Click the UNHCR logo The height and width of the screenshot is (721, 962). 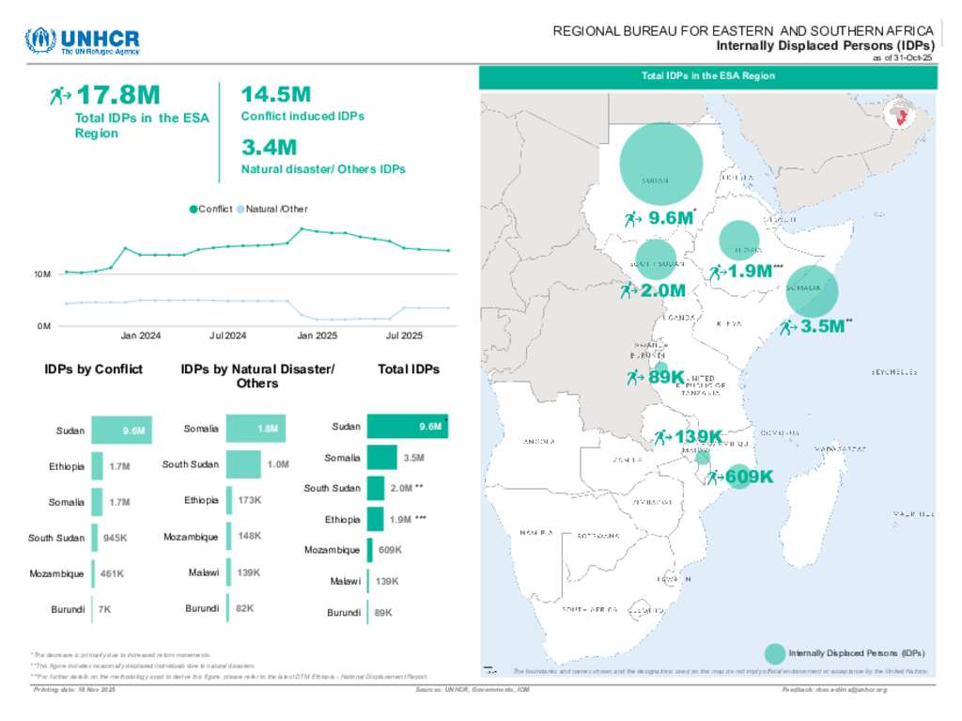[82, 42]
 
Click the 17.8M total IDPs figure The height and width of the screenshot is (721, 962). [117, 95]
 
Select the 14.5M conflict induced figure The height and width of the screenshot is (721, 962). [275, 95]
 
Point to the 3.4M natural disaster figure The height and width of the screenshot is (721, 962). [269, 148]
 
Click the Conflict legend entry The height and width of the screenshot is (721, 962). [212, 209]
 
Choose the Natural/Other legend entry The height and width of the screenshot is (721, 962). [273, 209]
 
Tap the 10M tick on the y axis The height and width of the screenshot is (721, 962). [42, 274]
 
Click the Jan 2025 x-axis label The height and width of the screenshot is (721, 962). [318, 336]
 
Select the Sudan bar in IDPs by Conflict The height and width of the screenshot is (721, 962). [121, 431]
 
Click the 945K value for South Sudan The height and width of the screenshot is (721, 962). [115, 538]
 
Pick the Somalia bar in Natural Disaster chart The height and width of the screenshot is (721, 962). [256, 429]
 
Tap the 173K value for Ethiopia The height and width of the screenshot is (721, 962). [250, 500]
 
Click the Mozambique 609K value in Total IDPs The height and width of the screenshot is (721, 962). [391, 550]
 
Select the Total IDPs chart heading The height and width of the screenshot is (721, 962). [409, 369]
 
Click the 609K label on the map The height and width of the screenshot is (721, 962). [749, 478]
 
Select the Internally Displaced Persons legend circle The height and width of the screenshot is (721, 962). [775, 652]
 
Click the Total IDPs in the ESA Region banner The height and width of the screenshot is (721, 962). [707, 76]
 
